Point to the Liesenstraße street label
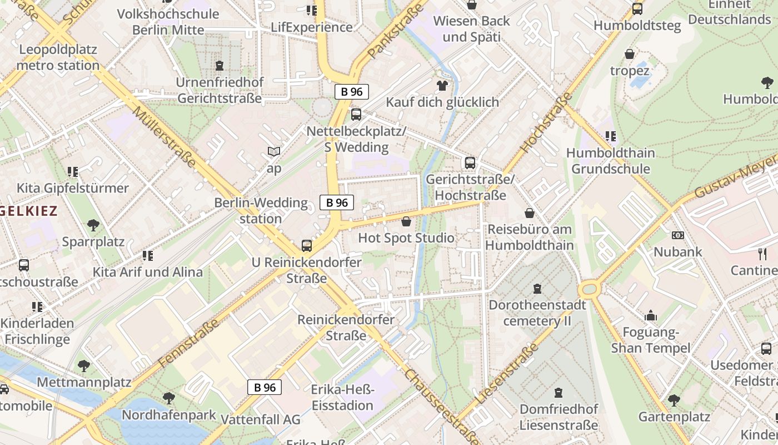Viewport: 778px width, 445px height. point(507,374)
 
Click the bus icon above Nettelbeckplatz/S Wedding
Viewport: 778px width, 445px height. point(356,115)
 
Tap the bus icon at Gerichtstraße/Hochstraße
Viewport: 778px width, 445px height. point(470,163)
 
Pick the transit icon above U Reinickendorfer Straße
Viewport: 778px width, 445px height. point(306,245)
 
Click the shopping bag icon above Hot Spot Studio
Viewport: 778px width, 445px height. point(406,221)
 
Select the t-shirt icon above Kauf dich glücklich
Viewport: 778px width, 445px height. point(442,85)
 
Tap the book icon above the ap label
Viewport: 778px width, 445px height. point(274,151)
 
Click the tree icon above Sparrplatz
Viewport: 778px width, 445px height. point(93,225)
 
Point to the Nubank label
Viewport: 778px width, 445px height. point(677,251)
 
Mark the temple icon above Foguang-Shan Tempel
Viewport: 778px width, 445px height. point(651,316)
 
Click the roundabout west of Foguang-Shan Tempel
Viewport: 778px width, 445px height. point(589,289)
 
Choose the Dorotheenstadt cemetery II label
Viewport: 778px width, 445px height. point(537,313)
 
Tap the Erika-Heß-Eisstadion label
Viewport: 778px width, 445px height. point(342,397)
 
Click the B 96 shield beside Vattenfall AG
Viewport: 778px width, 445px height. point(265,388)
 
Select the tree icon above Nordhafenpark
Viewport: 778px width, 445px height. point(168,398)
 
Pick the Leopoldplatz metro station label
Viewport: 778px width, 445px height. point(58,57)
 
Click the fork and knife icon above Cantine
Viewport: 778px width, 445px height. point(762,254)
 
